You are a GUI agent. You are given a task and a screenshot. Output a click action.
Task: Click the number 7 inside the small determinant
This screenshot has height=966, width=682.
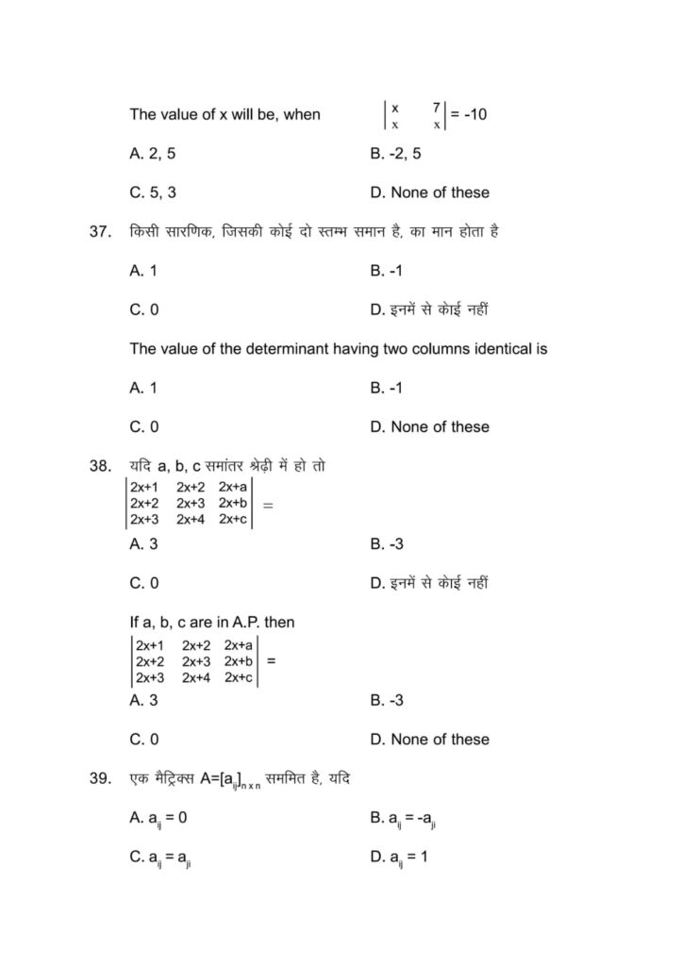pos(437,108)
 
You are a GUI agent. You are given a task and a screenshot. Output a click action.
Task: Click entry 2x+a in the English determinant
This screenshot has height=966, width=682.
pos(239,646)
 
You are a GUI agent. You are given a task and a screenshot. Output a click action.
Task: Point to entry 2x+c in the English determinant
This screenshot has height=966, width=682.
pos(239,677)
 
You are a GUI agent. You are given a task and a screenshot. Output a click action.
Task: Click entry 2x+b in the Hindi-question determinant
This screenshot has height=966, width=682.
pos(233,503)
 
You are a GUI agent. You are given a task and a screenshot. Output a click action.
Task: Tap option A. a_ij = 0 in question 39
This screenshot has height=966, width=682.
pos(158,819)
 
